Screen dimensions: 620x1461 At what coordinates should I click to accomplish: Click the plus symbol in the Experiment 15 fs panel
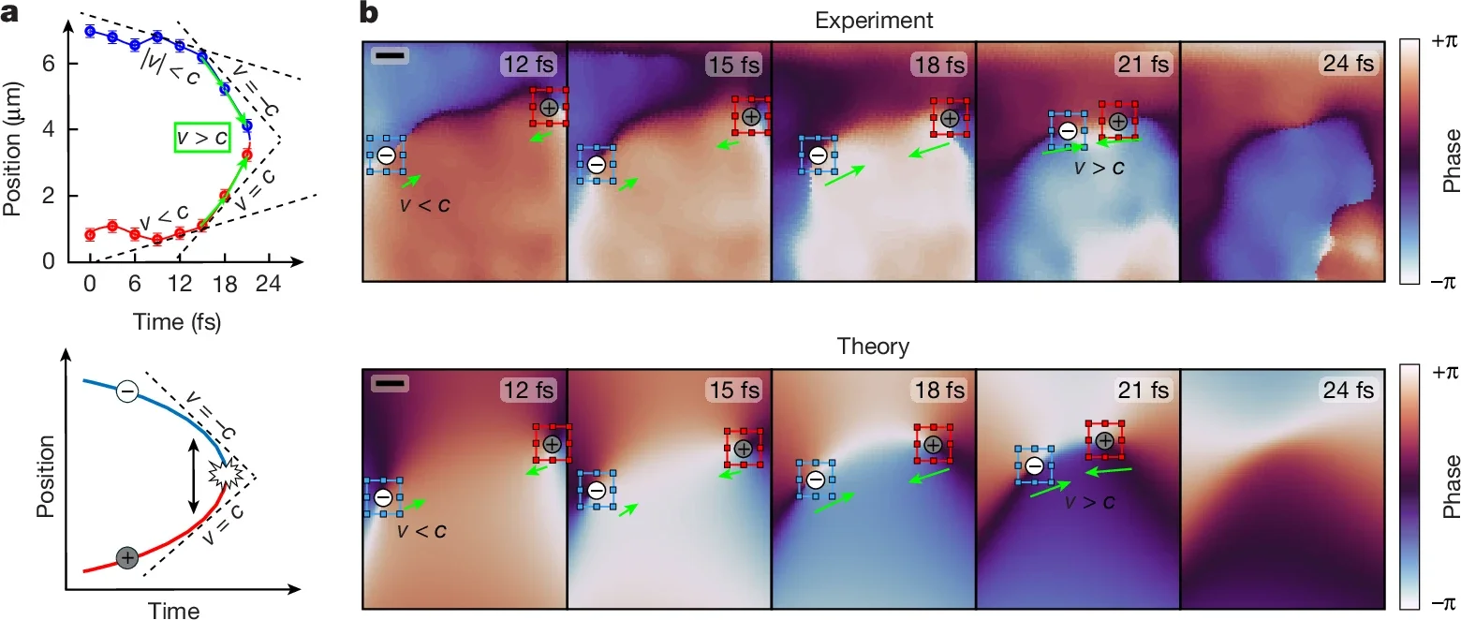[x=750, y=117]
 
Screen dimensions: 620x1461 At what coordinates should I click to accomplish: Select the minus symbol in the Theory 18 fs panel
[x=815, y=480]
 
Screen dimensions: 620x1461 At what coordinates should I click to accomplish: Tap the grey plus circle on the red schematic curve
[x=127, y=558]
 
